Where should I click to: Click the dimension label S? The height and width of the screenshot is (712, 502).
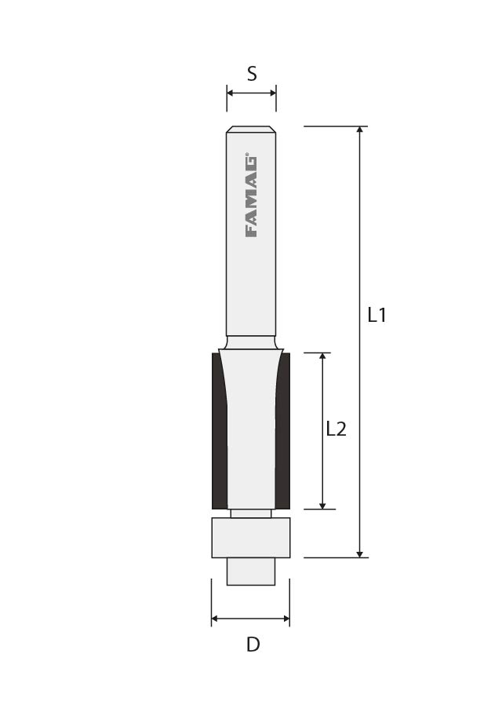point(252,74)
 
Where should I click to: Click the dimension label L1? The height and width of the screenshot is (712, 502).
point(377,316)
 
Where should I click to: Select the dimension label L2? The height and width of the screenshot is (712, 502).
point(336,429)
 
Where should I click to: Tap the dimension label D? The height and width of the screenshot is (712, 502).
point(253,644)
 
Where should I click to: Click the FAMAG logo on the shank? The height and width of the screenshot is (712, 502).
point(251,196)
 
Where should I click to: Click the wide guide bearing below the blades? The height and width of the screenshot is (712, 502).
point(251,538)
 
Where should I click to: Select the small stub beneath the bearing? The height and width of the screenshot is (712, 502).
point(251,571)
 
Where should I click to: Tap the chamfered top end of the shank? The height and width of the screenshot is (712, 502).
point(251,130)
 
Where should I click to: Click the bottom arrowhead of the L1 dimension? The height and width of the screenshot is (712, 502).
point(360,553)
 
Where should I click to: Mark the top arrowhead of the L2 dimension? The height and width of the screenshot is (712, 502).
point(322,357)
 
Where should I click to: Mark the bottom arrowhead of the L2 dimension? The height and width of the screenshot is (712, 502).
point(322,505)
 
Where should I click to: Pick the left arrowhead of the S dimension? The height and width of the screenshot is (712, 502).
point(231,93)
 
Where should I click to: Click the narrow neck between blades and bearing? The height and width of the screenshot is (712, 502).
point(251,513)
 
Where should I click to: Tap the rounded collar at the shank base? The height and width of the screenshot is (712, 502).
point(251,343)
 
